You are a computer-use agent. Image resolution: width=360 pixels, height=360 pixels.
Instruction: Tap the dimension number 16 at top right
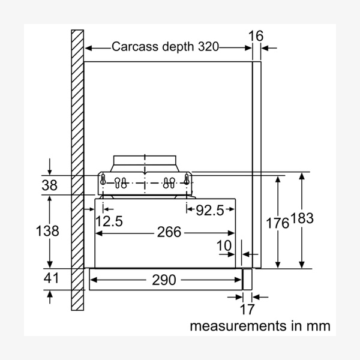256,35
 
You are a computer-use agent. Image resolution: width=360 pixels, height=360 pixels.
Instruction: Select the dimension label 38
50,185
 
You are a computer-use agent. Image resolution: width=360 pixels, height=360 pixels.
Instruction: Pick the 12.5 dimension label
109,221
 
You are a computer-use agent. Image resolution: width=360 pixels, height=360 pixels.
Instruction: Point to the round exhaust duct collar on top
144,163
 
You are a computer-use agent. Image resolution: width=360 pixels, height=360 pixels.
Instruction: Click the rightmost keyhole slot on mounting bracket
187,179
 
